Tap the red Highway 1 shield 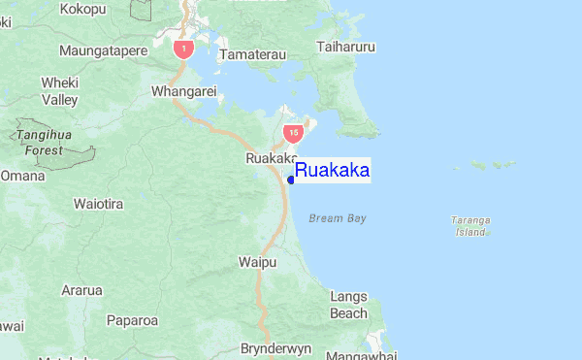pos(182,48)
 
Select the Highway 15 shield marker pos(292,130)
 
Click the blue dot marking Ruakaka pos(291,180)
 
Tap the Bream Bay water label pos(338,218)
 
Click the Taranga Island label pos(470,226)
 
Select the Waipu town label pos(257,262)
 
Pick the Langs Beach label pos(348,305)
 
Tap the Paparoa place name pos(132,319)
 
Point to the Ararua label pos(82,290)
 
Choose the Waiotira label pos(99,205)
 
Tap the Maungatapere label pos(99,49)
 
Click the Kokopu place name pos(82,9)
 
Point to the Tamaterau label pos(253,55)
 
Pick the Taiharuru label pos(346,47)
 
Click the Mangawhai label pos(357,355)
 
